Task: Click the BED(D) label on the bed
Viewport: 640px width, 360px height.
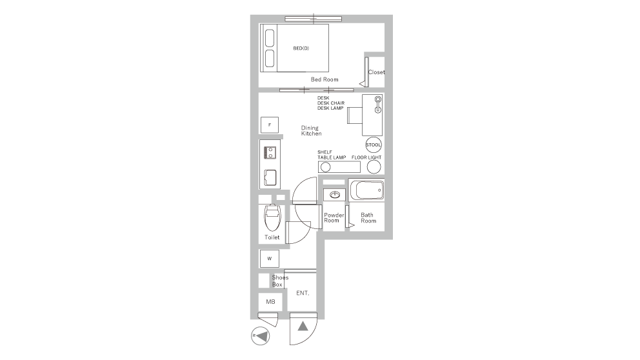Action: coord(301,48)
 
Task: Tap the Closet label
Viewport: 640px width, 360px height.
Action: coord(376,72)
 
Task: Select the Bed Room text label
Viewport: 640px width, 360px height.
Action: coord(325,79)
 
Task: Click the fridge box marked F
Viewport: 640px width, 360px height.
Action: coord(270,125)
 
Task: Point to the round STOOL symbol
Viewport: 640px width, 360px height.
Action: coord(374,145)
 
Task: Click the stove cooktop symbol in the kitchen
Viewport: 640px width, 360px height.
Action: coord(270,153)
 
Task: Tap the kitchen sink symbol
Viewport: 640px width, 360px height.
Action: coord(270,177)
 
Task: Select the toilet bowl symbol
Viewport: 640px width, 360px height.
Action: coord(272,218)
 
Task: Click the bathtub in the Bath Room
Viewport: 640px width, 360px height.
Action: coord(367,190)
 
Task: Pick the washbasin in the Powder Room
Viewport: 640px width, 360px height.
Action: coord(335,195)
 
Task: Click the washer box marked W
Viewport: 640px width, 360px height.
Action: coord(270,258)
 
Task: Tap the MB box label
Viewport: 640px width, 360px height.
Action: coord(270,302)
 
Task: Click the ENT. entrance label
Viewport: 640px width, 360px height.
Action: coord(303,293)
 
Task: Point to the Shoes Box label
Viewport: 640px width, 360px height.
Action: coord(280,281)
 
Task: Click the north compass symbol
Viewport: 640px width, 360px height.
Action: coord(260,336)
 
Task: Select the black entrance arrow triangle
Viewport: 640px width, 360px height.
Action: coord(303,326)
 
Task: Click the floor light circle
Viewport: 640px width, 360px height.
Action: coord(374,167)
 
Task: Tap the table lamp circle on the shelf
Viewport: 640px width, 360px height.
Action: coord(326,167)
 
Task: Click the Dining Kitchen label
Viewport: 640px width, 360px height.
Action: coord(311,130)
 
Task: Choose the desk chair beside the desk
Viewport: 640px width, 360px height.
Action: coord(355,115)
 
